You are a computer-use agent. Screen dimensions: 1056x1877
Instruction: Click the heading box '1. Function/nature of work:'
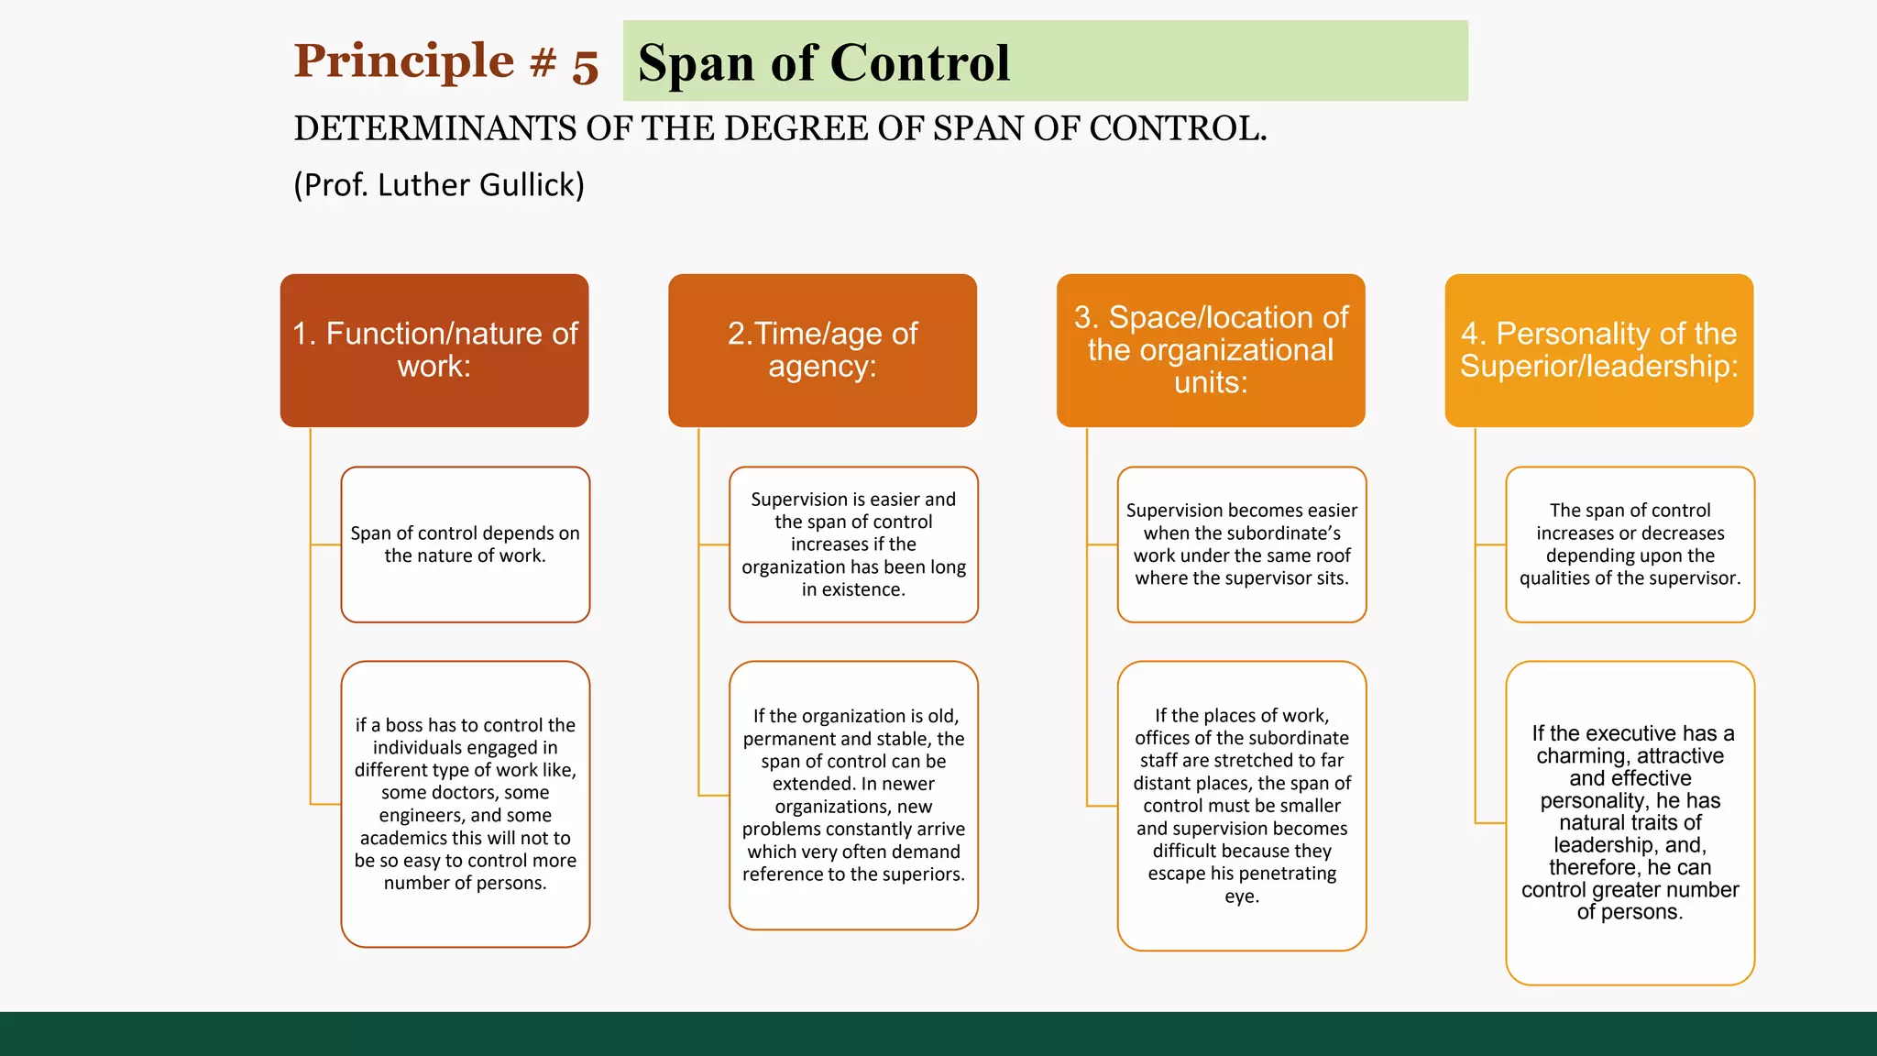coord(434,350)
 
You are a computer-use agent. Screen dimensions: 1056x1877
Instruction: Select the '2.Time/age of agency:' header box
coord(822,350)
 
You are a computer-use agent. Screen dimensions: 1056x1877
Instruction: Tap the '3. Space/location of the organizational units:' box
coord(1211,350)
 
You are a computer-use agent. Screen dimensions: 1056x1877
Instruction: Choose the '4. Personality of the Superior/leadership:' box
coord(1598,350)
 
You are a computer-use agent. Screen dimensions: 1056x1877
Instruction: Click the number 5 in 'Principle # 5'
coord(585,66)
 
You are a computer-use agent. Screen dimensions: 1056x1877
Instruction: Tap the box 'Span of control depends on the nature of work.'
coord(465,544)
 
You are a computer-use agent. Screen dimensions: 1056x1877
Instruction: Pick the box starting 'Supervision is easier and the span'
coord(853,544)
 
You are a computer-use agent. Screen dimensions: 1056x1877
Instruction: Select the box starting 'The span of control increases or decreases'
coord(1630,544)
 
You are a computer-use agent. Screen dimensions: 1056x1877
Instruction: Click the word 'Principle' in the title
coord(403,61)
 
